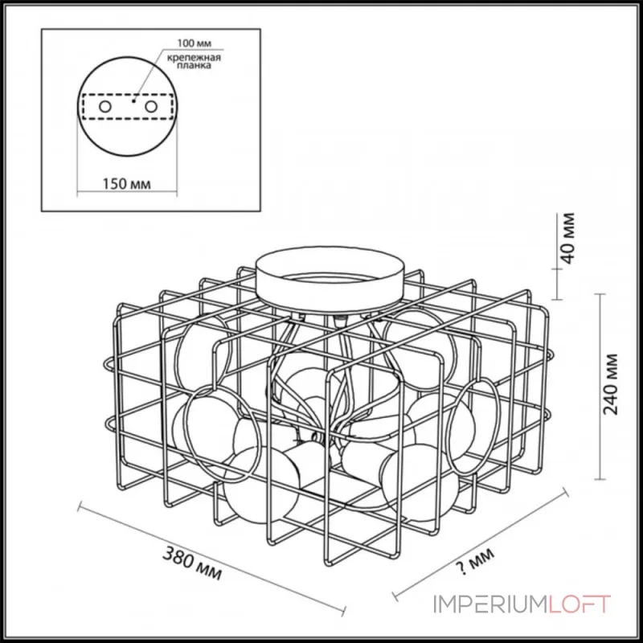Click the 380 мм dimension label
pyautogui.click(x=192, y=563)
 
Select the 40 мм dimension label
pyautogui.click(x=568, y=238)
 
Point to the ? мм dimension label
pyautogui.click(x=475, y=561)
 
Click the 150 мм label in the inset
pyautogui.click(x=126, y=184)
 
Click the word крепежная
pyautogui.click(x=194, y=57)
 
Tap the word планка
pyautogui.click(x=194, y=66)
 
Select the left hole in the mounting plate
pyautogui.click(x=105, y=107)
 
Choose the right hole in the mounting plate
pyautogui.click(x=151, y=107)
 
